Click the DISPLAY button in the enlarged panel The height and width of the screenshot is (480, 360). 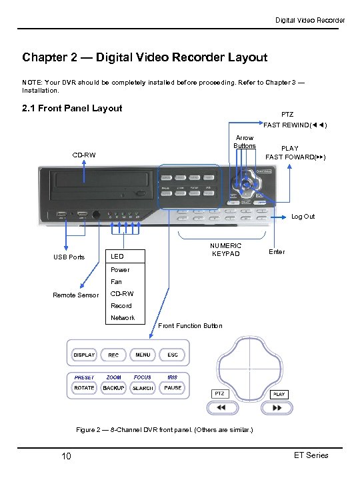point(84,355)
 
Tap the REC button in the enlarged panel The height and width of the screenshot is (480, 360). point(113,355)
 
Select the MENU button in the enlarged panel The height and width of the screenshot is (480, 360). point(143,355)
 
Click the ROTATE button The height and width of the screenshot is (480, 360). point(84,387)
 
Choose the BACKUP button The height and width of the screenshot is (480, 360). point(113,387)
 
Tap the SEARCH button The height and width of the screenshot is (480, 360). point(143,387)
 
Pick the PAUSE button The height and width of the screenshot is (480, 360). point(173,387)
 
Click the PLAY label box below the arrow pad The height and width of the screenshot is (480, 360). point(279,394)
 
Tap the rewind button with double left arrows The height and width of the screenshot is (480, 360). point(222,408)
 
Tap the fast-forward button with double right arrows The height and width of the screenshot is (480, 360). point(279,408)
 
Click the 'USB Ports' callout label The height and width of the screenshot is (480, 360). point(69,257)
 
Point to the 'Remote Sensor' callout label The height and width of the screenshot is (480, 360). point(76,295)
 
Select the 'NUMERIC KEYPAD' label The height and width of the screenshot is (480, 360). point(225,249)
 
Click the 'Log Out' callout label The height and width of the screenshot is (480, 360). point(303,217)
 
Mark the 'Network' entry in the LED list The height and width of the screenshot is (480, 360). point(123,318)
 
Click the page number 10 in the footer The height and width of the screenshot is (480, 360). point(66,456)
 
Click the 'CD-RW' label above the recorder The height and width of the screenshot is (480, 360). point(84,156)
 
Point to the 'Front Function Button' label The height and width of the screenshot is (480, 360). point(191,326)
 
